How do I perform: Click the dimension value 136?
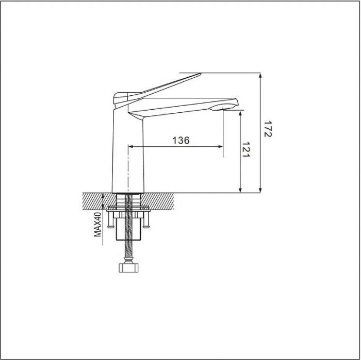click(181, 140)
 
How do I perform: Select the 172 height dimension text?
click(268, 129)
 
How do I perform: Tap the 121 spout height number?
click(245, 149)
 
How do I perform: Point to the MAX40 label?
click(97, 225)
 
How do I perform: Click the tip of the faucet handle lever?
click(201, 74)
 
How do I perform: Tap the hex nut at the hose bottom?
click(128, 268)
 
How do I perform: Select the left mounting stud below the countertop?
click(110, 220)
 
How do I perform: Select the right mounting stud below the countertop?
click(146, 220)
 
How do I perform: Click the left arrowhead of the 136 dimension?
click(130, 146)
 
